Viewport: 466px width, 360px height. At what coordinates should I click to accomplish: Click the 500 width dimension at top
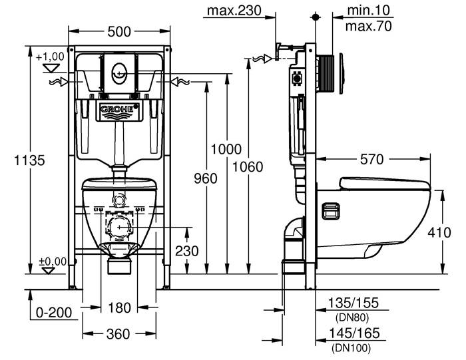coord(120,31)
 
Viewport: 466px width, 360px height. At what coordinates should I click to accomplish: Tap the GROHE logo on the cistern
coord(119,109)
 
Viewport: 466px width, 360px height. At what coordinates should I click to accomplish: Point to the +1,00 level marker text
coord(51,57)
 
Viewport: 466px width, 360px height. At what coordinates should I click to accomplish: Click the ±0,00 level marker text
coord(52,262)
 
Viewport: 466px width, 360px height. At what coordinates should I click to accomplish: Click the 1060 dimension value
coord(248,166)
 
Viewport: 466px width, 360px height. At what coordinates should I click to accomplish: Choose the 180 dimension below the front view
coord(120,307)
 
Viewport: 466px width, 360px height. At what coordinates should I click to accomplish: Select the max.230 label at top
coord(233,11)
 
